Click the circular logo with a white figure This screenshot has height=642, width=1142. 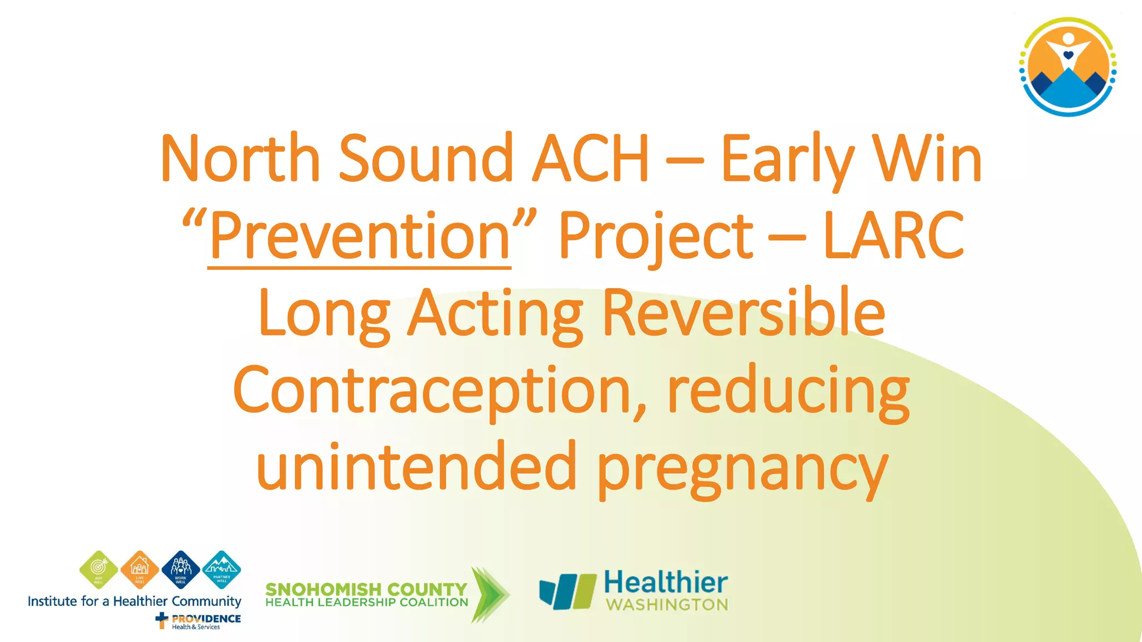(x=1067, y=67)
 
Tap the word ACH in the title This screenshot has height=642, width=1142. (x=591, y=158)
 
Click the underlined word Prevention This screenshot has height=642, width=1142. (x=360, y=236)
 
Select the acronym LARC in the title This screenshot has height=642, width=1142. (x=893, y=236)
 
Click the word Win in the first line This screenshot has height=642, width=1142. (x=927, y=158)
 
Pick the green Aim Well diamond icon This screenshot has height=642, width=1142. (x=99, y=570)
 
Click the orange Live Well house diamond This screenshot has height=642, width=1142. (x=139, y=570)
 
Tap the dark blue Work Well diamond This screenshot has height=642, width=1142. (x=181, y=570)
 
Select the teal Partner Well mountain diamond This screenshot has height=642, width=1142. (x=221, y=570)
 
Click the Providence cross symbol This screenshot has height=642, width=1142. (x=162, y=620)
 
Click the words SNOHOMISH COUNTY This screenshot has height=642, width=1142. (x=366, y=589)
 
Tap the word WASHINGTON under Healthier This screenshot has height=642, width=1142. (x=667, y=605)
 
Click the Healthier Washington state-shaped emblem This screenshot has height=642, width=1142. (x=567, y=591)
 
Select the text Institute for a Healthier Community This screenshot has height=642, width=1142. (x=134, y=601)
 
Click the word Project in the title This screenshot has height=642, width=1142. (x=656, y=236)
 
